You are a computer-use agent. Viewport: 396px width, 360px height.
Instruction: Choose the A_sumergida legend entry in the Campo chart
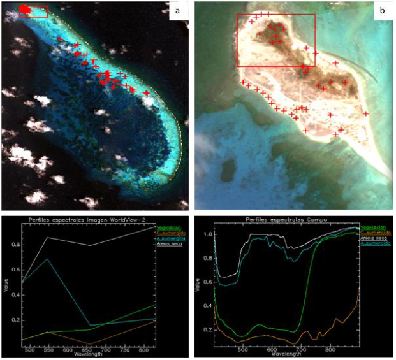pyautogui.click(x=373, y=243)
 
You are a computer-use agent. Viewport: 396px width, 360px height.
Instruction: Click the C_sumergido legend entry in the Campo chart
pyautogui.click(x=373, y=233)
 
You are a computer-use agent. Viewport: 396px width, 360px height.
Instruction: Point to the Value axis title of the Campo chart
pyautogui.click(x=198, y=287)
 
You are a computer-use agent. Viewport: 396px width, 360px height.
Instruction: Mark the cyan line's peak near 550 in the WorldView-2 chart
pyautogui.click(x=48, y=259)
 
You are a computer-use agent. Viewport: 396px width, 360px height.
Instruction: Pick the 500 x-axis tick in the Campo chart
pyautogui.click(x=243, y=350)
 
